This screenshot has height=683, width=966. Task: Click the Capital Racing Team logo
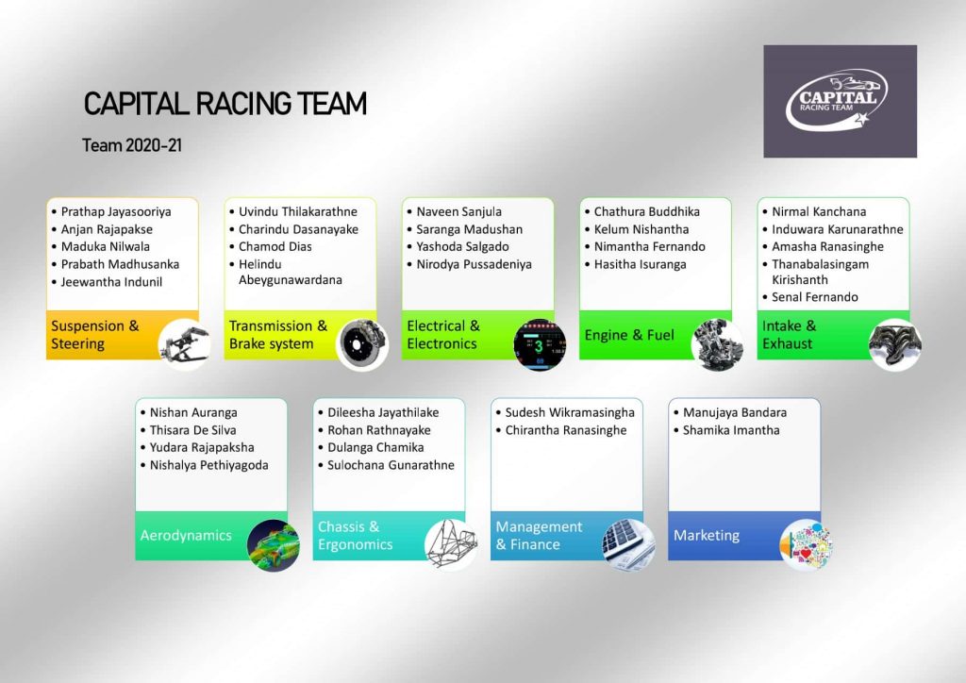point(840,101)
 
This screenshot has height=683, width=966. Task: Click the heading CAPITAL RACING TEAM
point(225,104)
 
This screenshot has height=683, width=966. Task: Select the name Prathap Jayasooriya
point(116,212)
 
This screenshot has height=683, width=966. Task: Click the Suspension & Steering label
point(95,335)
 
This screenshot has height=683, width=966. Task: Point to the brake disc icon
point(363,344)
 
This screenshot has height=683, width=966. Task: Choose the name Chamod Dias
point(275,247)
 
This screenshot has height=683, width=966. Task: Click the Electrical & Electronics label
point(443,335)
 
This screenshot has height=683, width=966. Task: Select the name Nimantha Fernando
point(649,247)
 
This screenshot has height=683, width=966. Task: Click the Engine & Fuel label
point(629,335)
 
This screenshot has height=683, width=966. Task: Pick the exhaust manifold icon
point(895,344)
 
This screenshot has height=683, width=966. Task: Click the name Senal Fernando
point(815,298)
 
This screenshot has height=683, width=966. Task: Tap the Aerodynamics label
point(186,536)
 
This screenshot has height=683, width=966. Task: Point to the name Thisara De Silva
point(192,430)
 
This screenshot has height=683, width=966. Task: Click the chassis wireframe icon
point(451,545)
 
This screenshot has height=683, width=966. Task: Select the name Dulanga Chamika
point(375,447)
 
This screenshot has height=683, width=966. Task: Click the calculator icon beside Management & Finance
point(628,545)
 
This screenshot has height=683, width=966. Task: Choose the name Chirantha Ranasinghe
point(566,430)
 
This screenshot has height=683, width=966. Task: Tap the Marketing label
point(707,536)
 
